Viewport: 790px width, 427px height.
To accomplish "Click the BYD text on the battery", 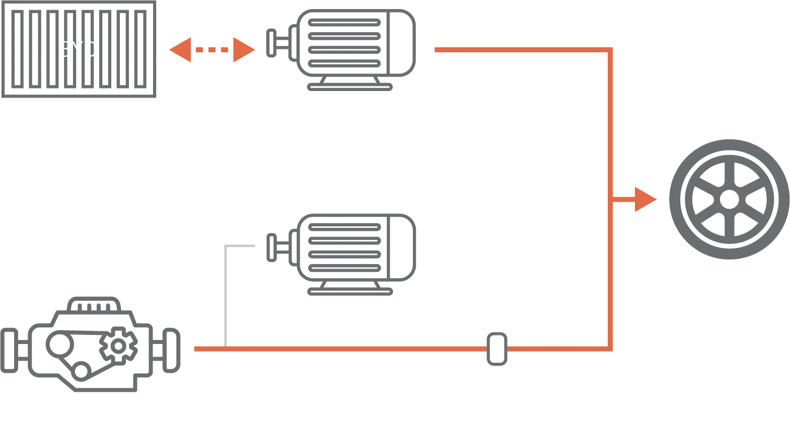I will click(79, 49).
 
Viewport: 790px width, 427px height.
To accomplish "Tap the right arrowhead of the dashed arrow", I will click(244, 50).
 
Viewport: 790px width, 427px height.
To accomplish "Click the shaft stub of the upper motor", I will click(273, 44).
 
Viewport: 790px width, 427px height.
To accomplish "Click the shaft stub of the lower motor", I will click(273, 246).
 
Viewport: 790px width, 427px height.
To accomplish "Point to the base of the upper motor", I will click(350, 86).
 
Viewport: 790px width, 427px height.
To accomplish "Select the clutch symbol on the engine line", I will click(496, 348).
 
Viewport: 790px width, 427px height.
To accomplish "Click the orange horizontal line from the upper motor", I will click(519, 49).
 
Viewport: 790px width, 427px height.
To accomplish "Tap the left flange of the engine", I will click(10, 350).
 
